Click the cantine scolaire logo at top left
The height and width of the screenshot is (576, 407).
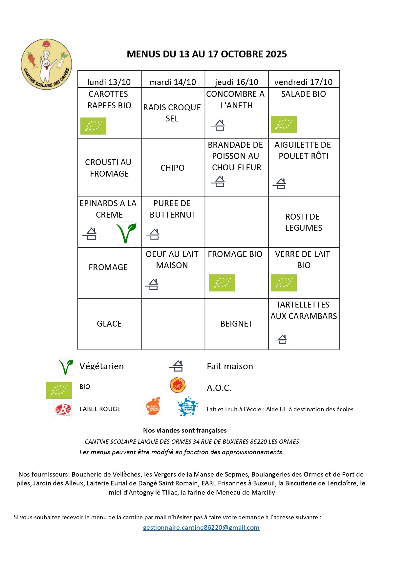(46, 64)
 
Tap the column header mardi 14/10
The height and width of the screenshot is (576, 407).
(173, 82)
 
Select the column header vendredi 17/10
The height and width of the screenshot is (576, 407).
(303, 82)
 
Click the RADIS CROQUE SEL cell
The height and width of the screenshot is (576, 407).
(172, 113)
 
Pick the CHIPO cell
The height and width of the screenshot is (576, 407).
(172, 168)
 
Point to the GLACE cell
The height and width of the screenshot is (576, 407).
(109, 324)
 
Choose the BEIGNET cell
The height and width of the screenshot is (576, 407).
(236, 324)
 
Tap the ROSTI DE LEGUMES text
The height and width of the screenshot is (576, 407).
(303, 222)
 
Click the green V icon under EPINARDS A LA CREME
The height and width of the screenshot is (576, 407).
(126, 233)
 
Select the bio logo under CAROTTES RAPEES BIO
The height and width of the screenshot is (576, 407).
(93, 126)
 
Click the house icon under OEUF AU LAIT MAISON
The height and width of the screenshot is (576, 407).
(152, 284)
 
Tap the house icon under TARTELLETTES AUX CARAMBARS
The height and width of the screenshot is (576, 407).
(281, 339)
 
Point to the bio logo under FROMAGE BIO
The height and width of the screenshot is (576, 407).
(222, 283)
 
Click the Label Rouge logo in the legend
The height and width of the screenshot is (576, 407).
(63, 409)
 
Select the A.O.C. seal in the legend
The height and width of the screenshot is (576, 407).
(178, 385)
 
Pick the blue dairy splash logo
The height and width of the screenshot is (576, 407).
(187, 407)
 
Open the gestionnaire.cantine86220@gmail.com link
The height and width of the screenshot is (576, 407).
(201, 527)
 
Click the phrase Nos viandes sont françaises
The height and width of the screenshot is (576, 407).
(185, 430)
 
